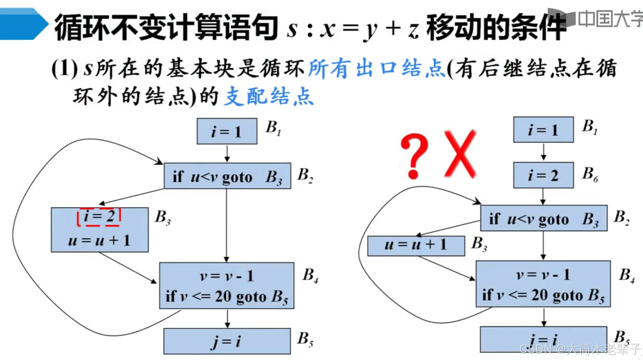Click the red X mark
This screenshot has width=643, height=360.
(460, 154)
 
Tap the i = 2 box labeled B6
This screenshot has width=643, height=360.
(543, 175)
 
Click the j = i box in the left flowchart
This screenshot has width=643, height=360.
(227, 341)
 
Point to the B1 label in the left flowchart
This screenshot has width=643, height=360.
(273, 128)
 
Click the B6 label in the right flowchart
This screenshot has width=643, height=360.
(590, 174)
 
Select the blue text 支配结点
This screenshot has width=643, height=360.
(268, 97)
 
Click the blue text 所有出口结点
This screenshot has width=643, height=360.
(376, 68)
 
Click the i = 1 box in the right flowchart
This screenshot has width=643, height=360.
(543, 130)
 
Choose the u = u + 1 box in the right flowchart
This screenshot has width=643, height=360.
(416, 245)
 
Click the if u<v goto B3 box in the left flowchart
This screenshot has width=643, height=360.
(227, 176)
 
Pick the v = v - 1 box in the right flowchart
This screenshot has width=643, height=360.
(543, 284)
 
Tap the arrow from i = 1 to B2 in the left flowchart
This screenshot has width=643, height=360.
(227, 154)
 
